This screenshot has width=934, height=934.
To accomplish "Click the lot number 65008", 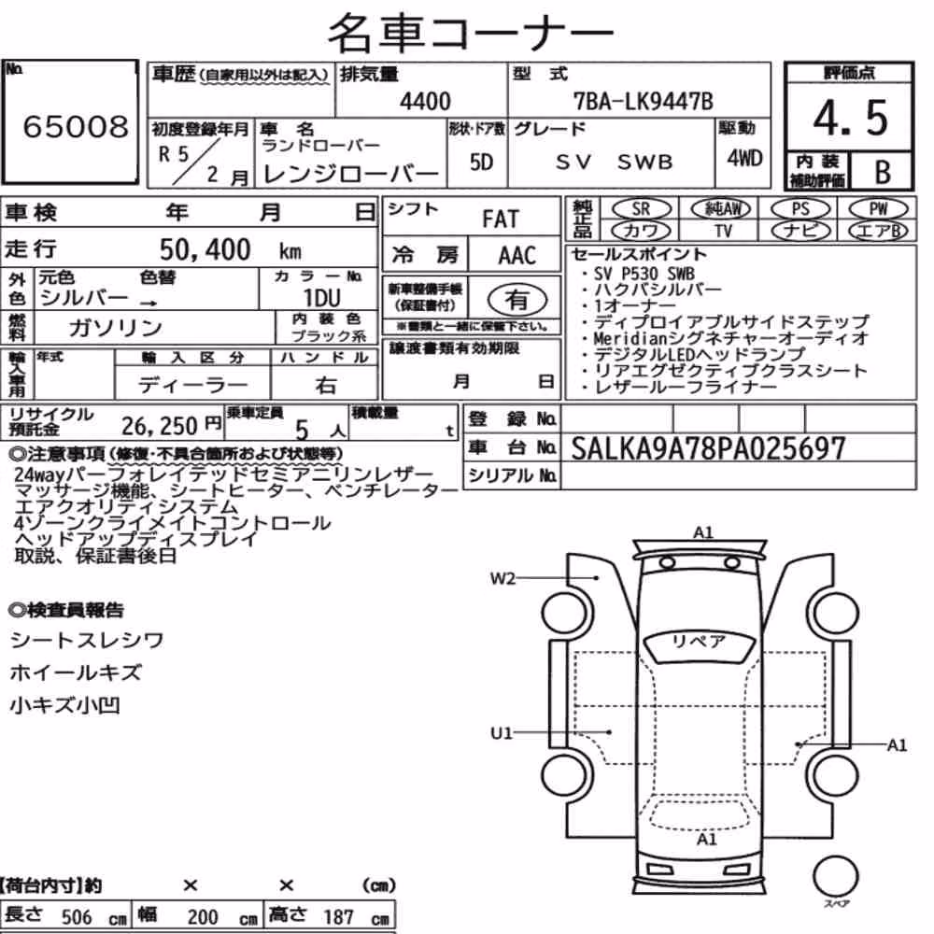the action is click(76, 126).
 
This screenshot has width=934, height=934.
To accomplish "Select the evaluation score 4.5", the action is click(850, 118).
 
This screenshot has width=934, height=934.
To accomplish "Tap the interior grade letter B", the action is click(883, 172).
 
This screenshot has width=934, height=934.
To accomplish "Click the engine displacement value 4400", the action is click(425, 101).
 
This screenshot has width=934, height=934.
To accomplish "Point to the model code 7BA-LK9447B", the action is click(643, 101).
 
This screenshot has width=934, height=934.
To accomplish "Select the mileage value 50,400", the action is click(205, 249).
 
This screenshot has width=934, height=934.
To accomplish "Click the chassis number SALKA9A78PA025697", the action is click(708, 448).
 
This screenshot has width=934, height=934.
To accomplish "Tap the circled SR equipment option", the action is click(641, 209).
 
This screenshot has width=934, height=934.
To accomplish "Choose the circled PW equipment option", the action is click(878, 209).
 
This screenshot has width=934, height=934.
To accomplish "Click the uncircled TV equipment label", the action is click(723, 231).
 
